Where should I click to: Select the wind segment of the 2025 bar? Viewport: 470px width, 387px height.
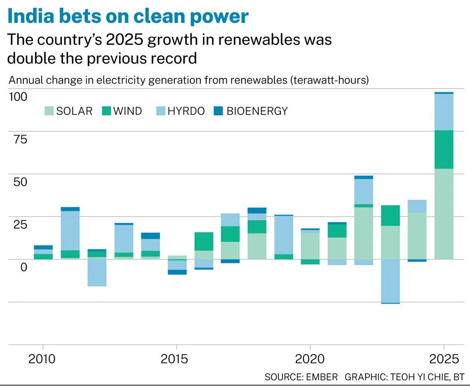(444, 149)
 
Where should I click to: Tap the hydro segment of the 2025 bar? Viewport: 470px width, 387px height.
(444, 112)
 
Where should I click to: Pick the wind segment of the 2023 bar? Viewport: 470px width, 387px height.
(390, 216)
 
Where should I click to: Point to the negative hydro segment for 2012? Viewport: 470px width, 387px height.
(97, 272)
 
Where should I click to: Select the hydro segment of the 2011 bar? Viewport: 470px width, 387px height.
(70, 230)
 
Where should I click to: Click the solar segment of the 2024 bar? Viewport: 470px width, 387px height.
(417, 236)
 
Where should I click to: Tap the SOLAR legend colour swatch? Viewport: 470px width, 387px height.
(49, 111)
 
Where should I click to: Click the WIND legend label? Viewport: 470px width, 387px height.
(127, 111)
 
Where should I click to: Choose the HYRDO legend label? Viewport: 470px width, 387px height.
(186, 111)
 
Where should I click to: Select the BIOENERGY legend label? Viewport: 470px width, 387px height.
(257, 111)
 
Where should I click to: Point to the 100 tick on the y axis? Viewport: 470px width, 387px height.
(18, 97)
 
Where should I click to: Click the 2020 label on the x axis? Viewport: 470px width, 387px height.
(310, 359)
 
